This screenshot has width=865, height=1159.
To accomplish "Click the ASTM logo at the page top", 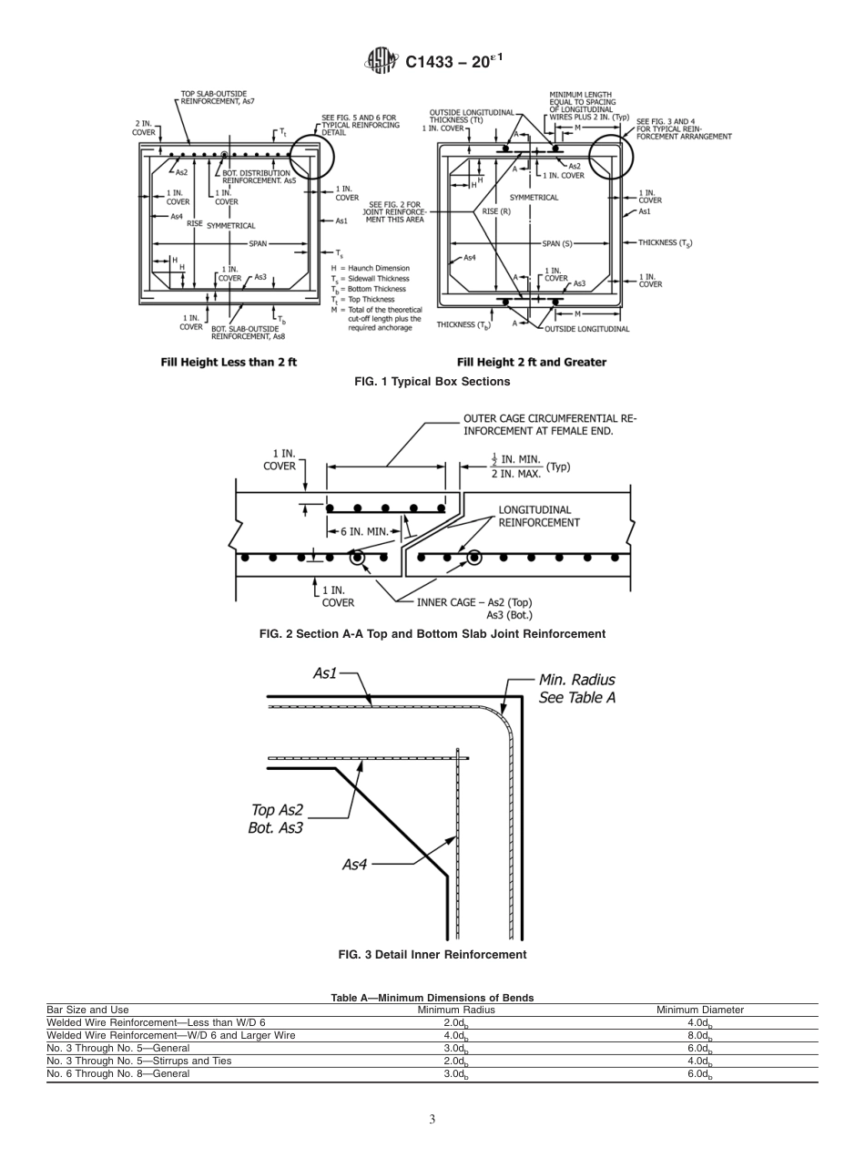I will coord(381,60).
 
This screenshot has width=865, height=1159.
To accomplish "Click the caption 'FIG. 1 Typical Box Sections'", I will coord(432,381).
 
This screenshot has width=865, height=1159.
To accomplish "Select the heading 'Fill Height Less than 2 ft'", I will coord(229,362).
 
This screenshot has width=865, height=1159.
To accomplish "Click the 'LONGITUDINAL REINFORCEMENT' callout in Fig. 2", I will coord(539,516).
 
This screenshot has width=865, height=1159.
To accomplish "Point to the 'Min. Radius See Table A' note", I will coord(576,688).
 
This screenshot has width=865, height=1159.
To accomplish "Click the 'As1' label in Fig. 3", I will coord(325,673).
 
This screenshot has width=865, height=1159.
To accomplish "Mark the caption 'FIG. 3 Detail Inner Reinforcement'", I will coord(432,955).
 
